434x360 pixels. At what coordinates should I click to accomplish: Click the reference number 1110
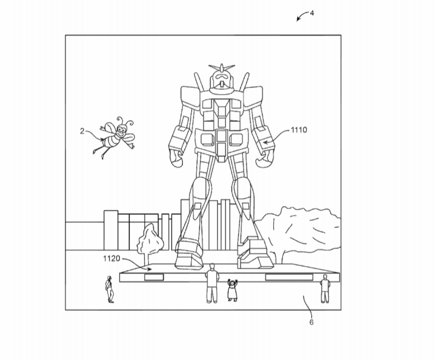tap(299, 130)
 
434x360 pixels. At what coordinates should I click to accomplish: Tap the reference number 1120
tap(111, 258)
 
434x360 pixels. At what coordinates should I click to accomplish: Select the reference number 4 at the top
tap(312, 13)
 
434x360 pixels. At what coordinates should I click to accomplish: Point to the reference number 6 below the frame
tap(311, 322)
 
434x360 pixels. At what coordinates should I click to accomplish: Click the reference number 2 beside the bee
tap(82, 131)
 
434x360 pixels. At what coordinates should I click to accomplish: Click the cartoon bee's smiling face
tap(121, 130)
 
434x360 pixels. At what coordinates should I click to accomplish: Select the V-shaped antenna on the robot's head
tap(221, 67)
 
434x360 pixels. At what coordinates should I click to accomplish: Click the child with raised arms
tap(232, 290)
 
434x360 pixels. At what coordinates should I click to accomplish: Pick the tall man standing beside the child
tap(212, 283)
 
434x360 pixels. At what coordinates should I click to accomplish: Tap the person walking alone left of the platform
tap(110, 289)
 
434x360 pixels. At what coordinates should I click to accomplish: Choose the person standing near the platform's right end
tap(324, 289)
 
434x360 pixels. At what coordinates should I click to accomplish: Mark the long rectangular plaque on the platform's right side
tap(289, 277)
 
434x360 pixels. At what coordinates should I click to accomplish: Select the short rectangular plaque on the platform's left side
tap(154, 277)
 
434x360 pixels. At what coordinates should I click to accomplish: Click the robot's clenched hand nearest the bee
tap(176, 158)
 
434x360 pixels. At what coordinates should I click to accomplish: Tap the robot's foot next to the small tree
tap(189, 255)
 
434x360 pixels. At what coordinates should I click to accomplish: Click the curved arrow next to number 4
tap(302, 15)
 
